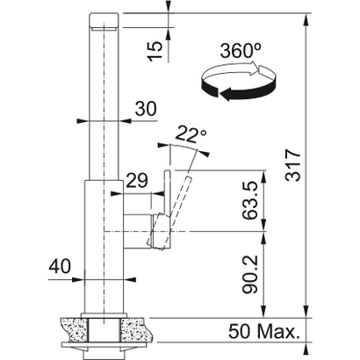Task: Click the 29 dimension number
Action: pyautogui.click(x=137, y=180)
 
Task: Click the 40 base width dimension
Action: pyautogui.click(x=58, y=264)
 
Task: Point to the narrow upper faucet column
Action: pyautogui.click(x=103, y=97)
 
